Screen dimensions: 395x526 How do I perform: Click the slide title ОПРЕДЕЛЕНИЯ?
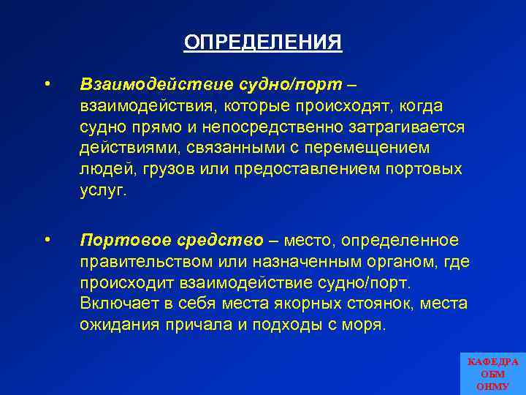(263, 42)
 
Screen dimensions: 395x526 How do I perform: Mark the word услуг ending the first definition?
(102, 191)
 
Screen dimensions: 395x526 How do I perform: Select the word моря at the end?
(362, 325)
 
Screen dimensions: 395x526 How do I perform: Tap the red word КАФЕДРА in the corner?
(492, 362)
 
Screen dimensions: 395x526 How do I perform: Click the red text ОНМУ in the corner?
(492, 386)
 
